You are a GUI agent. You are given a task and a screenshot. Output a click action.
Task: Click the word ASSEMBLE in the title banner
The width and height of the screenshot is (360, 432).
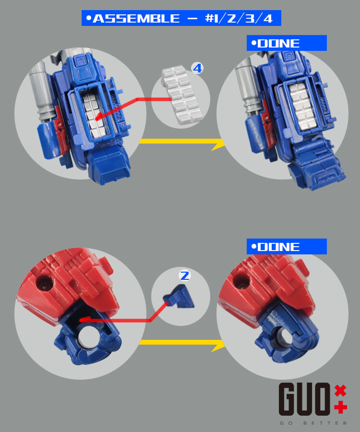coord(136,19)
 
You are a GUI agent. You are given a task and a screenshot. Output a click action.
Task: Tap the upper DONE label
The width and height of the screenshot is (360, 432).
coord(279,43)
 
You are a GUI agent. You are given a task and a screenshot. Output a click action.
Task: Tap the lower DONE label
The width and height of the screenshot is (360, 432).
coord(279,247)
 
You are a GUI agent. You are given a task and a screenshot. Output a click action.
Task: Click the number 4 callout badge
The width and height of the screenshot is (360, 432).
coord(197,68)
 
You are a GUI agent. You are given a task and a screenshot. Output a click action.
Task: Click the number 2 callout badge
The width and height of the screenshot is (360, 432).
coord(185,276)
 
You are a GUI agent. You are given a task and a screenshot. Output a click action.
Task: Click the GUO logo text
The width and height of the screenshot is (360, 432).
coord(305,399)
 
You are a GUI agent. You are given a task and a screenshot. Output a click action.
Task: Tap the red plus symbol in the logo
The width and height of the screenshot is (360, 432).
coord(340,408)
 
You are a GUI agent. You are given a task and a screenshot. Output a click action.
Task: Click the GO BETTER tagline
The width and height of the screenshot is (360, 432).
coord(313,423)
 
